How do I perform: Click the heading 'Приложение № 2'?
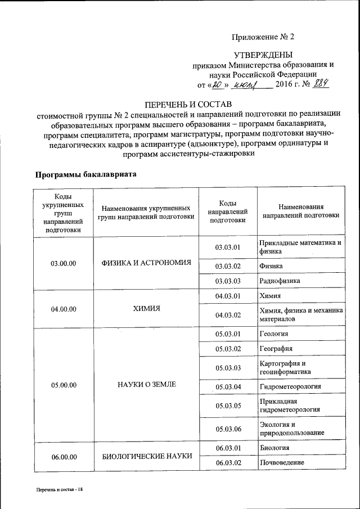[263, 37]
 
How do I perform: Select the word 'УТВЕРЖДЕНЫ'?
[263, 55]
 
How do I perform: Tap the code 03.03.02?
[228, 266]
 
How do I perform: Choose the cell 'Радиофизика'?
[280, 281]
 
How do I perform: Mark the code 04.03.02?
[228, 315]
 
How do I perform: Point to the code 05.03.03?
[228, 368]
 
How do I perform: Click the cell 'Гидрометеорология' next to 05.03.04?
[290, 387]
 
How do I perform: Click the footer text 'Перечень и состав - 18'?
[56, 490]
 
